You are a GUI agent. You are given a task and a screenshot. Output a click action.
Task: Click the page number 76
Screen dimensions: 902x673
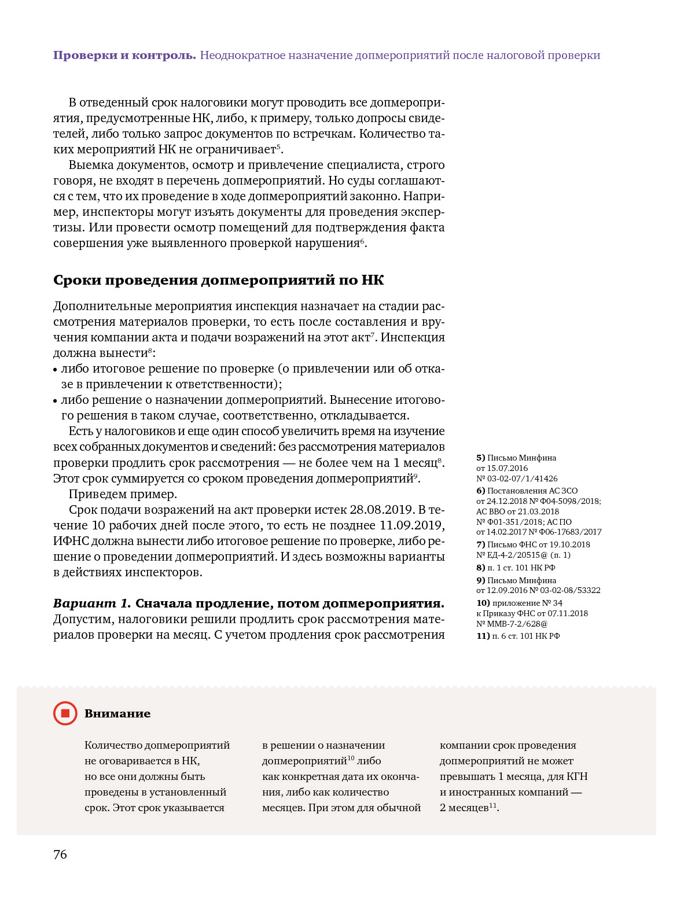[60, 855]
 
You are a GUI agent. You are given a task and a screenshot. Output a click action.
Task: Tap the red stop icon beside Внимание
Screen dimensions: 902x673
[65, 713]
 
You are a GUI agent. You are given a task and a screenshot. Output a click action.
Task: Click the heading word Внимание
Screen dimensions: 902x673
[117, 713]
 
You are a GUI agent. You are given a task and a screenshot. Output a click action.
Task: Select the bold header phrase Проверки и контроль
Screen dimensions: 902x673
[124, 56]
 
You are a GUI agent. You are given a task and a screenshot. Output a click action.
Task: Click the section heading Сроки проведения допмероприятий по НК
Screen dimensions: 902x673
[218, 280]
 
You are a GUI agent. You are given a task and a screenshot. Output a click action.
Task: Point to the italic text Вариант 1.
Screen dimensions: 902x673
[92, 603]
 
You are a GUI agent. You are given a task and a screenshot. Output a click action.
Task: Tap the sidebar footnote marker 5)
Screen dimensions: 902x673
[480, 458]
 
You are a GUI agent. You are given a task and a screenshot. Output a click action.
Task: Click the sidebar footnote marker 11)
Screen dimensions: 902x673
[483, 636]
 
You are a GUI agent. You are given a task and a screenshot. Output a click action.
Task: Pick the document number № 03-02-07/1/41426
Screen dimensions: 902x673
[517, 478]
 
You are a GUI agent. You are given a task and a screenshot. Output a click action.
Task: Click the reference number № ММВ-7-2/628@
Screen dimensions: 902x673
[512, 624]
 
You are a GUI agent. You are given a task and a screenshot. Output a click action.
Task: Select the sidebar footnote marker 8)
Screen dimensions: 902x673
[480, 568]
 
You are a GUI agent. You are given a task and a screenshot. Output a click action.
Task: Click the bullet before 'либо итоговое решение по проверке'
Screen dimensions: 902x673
[56, 369]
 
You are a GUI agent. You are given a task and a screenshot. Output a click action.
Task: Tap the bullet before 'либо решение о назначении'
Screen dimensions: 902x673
[56, 400]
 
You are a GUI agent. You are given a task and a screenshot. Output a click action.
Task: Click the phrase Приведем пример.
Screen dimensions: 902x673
[123, 494]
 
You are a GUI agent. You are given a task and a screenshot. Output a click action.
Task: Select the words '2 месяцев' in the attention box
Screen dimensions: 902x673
[464, 808]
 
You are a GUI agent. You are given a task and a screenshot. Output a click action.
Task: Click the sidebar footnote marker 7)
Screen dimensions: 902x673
[480, 544]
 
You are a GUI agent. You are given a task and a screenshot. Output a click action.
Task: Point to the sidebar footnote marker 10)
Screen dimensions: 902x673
[483, 603]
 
